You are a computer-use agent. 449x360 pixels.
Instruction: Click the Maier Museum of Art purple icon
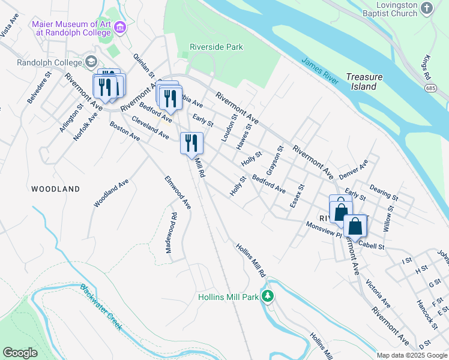(x=121, y=28)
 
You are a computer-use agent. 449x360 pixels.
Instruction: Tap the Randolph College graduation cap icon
(x=91, y=62)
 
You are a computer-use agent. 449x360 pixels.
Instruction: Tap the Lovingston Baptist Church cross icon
(x=427, y=8)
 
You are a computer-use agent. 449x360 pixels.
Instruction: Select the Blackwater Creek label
(x=101, y=307)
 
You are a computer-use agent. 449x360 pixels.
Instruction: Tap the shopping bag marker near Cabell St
(x=355, y=226)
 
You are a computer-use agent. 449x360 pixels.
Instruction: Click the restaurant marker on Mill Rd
(x=191, y=143)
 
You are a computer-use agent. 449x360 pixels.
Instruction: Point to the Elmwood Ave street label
(x=178, y=192)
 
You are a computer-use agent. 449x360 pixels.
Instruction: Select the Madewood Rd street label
(x=172, y=238)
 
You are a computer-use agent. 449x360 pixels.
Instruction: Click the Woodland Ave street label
(x=111, y=193)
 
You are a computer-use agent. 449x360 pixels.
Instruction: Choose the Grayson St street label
(x=274, y=161)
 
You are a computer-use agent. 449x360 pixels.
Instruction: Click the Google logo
(x=20, y=353)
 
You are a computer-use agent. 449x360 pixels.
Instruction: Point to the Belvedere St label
(x=37, y=90)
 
